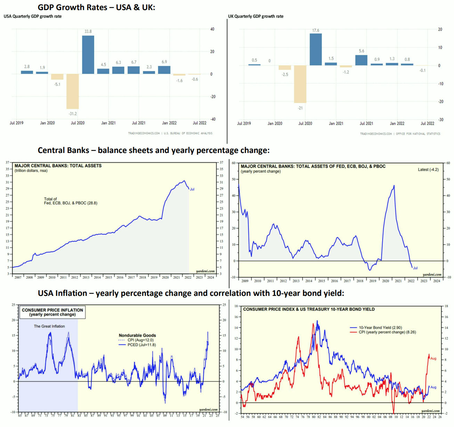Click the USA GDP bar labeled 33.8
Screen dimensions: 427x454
click(x=88, y=55)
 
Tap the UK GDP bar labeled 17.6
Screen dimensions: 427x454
click(x=316, y=49)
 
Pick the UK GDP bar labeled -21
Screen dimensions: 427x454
click(x=300, y=84)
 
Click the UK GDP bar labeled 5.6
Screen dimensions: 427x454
click(x=362, y=60)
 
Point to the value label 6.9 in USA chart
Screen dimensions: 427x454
click(x=164, y=62)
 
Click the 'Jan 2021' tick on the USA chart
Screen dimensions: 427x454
click(x=108, y=123)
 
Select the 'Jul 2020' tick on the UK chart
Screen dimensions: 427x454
click(x=305, y=123)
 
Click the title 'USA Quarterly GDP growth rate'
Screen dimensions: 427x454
click(x=33, y=16)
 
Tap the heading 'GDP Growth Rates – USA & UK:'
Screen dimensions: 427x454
click(x=96, y=7)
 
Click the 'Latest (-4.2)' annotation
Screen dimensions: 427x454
click(x=428, y=170)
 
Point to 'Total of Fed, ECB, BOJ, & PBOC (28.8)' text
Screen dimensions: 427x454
click(x=71, y=201)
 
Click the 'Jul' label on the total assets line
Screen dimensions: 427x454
click(x=192, y=189)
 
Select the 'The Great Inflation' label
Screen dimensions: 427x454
click(x=49, y=326)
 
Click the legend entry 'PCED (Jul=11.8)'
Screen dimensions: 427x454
click(x=141, y=345)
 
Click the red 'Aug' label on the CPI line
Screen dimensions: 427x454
click(x=433, y=358)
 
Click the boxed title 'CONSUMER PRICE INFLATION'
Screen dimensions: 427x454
click(x=52, y=310)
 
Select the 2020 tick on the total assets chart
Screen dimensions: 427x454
click(x=165, y=277)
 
